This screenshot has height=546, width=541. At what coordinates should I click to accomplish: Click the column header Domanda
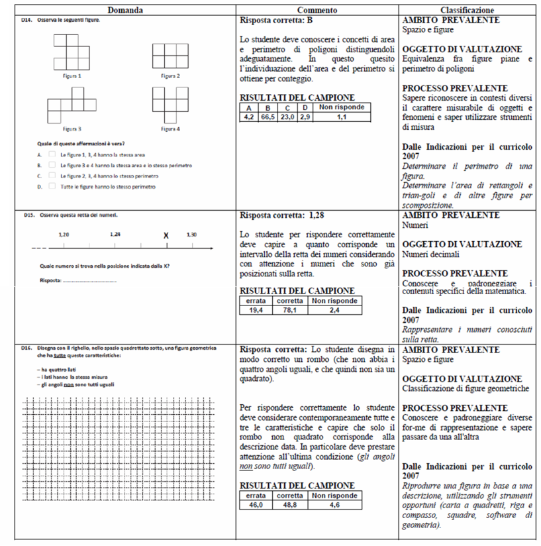(x=126, y=11)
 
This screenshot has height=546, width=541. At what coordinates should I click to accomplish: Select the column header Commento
(x=317, y=11)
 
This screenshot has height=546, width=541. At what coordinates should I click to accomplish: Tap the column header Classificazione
(x=469, y=11)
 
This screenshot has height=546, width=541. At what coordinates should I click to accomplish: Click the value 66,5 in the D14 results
(x=268, y=117)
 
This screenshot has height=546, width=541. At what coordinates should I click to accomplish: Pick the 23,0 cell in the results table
(x=287, y=117)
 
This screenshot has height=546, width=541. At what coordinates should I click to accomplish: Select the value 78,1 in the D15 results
(x=289, y=310)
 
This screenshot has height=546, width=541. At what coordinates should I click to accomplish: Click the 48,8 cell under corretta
(x=289, y=505)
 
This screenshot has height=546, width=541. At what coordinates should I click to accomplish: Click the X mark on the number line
(x=166, y=235)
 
